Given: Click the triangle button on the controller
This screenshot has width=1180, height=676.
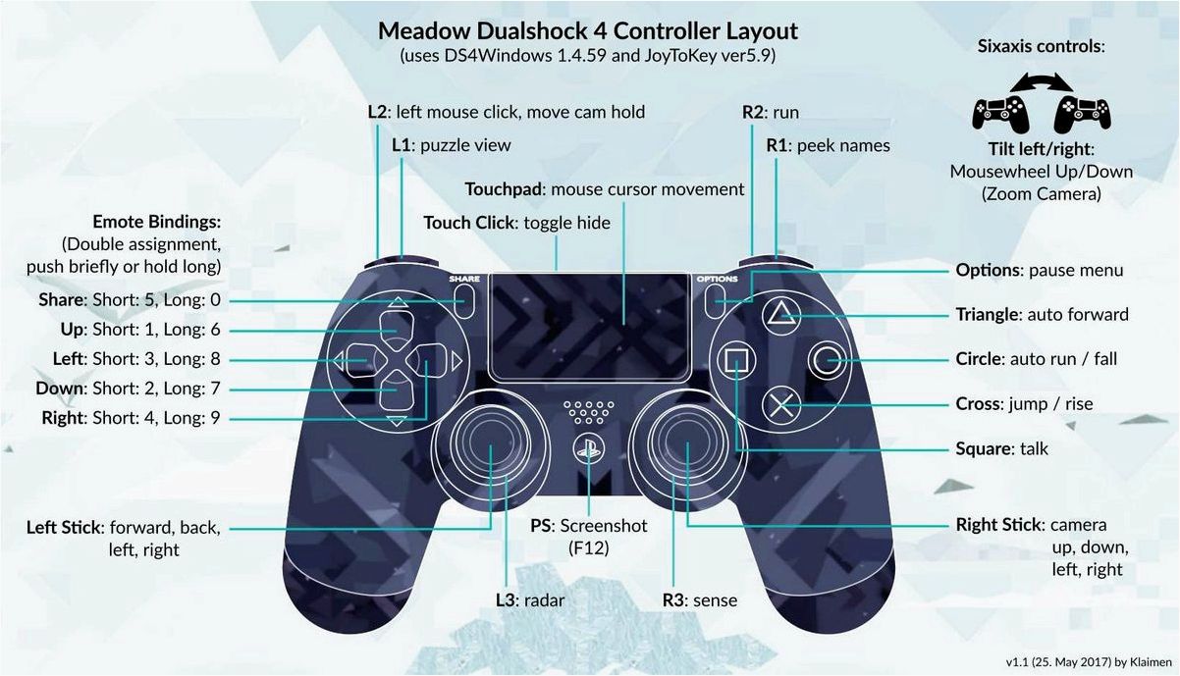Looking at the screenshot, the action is point(781,315).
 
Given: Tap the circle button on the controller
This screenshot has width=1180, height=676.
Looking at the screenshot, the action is point(826,361).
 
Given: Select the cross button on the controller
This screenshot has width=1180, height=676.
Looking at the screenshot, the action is point(781,405).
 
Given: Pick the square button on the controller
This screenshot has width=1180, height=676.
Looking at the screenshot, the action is point(736,361).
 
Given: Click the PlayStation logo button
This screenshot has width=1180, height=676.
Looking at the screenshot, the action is point(588,449).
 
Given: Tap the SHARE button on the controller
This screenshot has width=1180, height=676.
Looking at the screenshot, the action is point(464,301).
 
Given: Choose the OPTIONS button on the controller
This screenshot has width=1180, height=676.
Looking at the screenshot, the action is point(714,301).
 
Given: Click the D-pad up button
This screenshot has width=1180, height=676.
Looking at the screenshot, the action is point(397,329).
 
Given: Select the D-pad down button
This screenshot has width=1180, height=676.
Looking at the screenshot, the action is point(397,390).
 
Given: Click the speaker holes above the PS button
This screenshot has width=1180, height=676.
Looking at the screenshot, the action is point(588,413).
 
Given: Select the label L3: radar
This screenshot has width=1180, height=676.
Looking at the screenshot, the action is point(530,600).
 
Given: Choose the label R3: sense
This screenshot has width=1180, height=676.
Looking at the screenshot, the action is point(700,600).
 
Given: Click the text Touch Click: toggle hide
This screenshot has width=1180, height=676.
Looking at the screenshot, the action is point(516,223).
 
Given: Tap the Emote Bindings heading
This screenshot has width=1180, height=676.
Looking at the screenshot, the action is point(157,222).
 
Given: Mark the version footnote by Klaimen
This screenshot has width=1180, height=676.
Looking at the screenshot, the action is point(1089,662).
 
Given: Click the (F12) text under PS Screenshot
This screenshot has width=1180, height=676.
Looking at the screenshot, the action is point(588,548).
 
